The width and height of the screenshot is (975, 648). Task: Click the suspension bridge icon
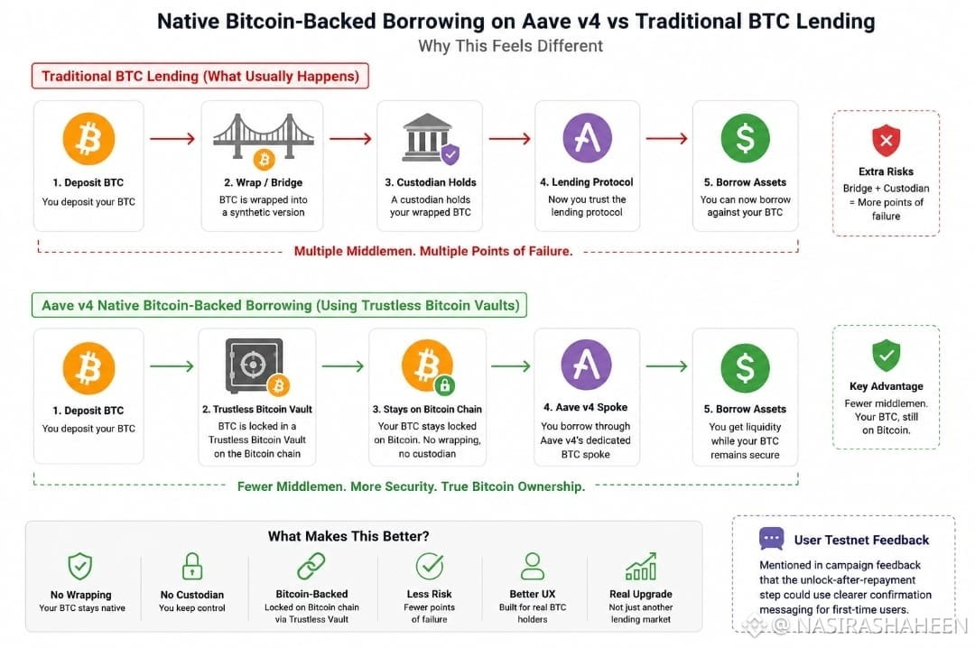(263, 138)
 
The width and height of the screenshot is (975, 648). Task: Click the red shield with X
(887, 141)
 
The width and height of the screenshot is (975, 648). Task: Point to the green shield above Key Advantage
(887, 356)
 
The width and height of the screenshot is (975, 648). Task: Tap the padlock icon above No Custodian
(192, 566)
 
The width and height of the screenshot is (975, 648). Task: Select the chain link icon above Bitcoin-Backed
(311, 566)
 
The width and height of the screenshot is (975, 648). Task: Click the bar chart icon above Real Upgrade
(640, 566)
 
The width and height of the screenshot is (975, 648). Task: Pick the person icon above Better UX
(533, 566)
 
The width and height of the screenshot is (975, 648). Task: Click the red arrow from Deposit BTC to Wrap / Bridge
(172, 139)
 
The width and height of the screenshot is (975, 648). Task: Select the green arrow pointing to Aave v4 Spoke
(510, 366)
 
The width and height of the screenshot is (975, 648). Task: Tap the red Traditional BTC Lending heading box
(200, 76)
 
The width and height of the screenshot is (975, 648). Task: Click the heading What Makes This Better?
(348, 536)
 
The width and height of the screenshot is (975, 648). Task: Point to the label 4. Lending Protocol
(587, 182)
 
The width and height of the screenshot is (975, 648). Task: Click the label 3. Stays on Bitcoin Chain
(427, 409)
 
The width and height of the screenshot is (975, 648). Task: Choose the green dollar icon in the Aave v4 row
(745, 367)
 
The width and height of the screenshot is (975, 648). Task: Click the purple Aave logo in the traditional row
(587, 138)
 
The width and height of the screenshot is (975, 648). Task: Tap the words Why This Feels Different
(510, 46)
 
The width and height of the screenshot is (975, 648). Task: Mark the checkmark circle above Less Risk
(429, 566)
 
